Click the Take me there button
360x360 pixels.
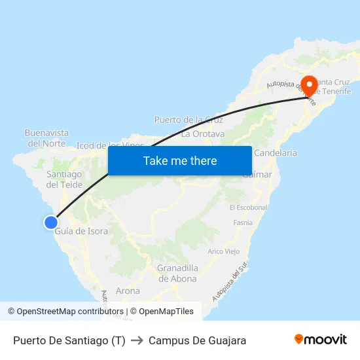(x=180, y=160)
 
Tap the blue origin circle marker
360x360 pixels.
(x=50, y=223)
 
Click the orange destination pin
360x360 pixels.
(x=308, y=86)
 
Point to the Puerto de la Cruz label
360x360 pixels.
(x=189, y=120)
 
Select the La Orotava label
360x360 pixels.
(x=203, y=134)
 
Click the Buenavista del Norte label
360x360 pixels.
(x=46, y=138)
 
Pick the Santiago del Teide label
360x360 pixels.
(x=64, y=179)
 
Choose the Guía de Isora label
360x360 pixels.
(x=82, y=231)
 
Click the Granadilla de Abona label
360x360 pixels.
(x=177, y=274)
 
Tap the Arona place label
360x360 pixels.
(x=128, y=291)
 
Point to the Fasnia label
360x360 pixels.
(x=243, y=223)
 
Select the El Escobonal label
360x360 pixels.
(x=249, y=207)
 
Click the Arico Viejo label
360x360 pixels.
(x=224, y=251)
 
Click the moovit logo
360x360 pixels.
(x=321, y=340)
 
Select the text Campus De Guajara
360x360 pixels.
(x=197, y=340)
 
